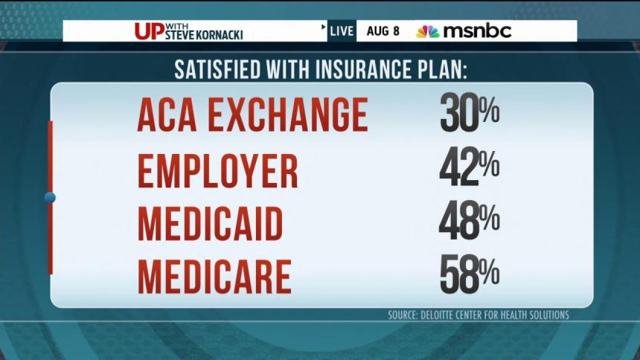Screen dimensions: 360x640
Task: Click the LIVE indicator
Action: pyautogui.click(x=342, y=31)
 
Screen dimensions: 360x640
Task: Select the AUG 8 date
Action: pyautogui.click(x=383, y=31)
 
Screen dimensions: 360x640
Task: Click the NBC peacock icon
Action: pyautogui.click(x=427, y=31)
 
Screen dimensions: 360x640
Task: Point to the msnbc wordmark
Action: pyautogui.click(x=477, y=31)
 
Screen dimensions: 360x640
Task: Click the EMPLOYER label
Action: pyautogui.click(x=217, y=171)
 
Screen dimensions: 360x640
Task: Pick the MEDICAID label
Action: pyautogui.click(x=210, y=223)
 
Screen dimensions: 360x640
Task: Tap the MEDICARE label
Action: pyautogui.click(x=214, y=276)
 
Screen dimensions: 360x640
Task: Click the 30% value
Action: pyautogui.click(x=469, y=114)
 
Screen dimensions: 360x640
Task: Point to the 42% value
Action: pyautogui.click(x=469, y=170)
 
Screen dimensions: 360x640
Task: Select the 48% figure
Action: pyautogui.click(x=469, y=222)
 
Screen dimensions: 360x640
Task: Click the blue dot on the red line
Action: pyautogui.click(x=50, y=198)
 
